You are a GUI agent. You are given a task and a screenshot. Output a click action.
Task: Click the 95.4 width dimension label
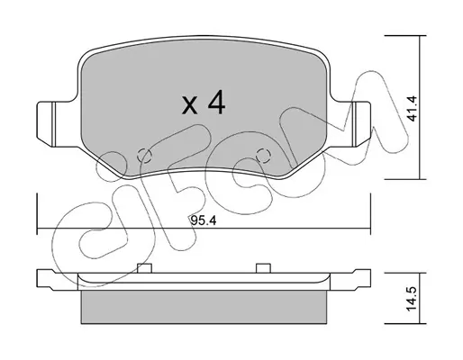click(x=204, y=221)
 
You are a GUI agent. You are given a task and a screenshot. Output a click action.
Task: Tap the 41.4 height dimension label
click(x=413, y=108)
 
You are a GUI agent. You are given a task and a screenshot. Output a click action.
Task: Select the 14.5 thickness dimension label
click(x=413, y=299)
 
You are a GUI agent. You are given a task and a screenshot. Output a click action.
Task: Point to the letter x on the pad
click(x=190, y=106)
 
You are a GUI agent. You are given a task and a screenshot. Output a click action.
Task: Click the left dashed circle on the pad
click(x=144, y=155)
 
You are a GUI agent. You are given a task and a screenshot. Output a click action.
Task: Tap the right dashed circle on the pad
click(x=264, y=156)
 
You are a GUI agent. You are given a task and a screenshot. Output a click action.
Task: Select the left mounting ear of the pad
click(x=54, y=124)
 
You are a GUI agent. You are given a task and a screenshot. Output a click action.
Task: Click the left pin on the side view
click(x=144, y=268)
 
